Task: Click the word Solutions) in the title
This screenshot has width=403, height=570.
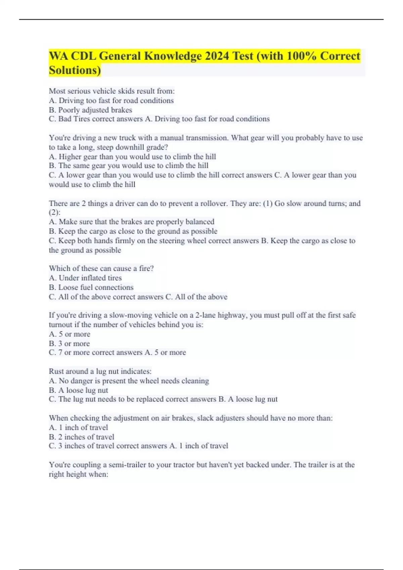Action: pos(75,70)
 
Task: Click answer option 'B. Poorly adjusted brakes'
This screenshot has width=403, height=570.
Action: pos(90,110)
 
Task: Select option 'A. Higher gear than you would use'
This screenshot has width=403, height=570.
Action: pos(132,157)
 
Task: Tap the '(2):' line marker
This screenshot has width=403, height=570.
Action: pos(54,213)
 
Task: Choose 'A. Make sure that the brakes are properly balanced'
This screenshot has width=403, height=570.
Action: pos(131,222)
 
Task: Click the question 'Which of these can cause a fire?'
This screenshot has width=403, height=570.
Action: pos(101,268)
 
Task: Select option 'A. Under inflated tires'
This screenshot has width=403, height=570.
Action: pos(85,278)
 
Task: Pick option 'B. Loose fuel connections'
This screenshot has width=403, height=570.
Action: pos(91,287)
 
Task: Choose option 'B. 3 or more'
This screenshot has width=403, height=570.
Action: pos(69,343)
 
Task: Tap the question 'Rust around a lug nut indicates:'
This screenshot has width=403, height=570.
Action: pos(100,371)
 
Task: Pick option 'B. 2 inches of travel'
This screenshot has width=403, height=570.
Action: pos(81,437)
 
